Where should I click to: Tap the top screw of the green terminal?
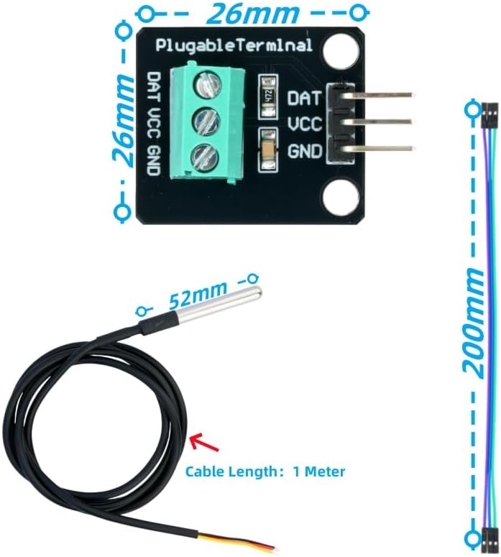coord(208,86)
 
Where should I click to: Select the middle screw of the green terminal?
coord(207,121)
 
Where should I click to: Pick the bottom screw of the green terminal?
coord(206,157)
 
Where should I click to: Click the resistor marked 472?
coord(268,96)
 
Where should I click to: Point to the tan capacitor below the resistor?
coord(269,150)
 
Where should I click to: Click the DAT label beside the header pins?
coord(305,98)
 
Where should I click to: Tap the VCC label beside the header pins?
coord(305,124)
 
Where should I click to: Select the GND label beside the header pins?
coord(305,151)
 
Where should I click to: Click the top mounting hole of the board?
coord(341,50)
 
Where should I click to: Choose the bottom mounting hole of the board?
coord(341,198)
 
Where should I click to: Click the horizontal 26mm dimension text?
coord(252,13)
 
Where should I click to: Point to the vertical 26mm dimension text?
coord(124,121)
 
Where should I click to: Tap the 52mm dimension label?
coord(198,295)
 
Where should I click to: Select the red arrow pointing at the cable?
coord(204,442)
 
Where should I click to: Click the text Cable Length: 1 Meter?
coord(265,471)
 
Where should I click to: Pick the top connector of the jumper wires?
coord(489,116)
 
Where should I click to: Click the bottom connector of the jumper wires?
coord(489,540)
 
